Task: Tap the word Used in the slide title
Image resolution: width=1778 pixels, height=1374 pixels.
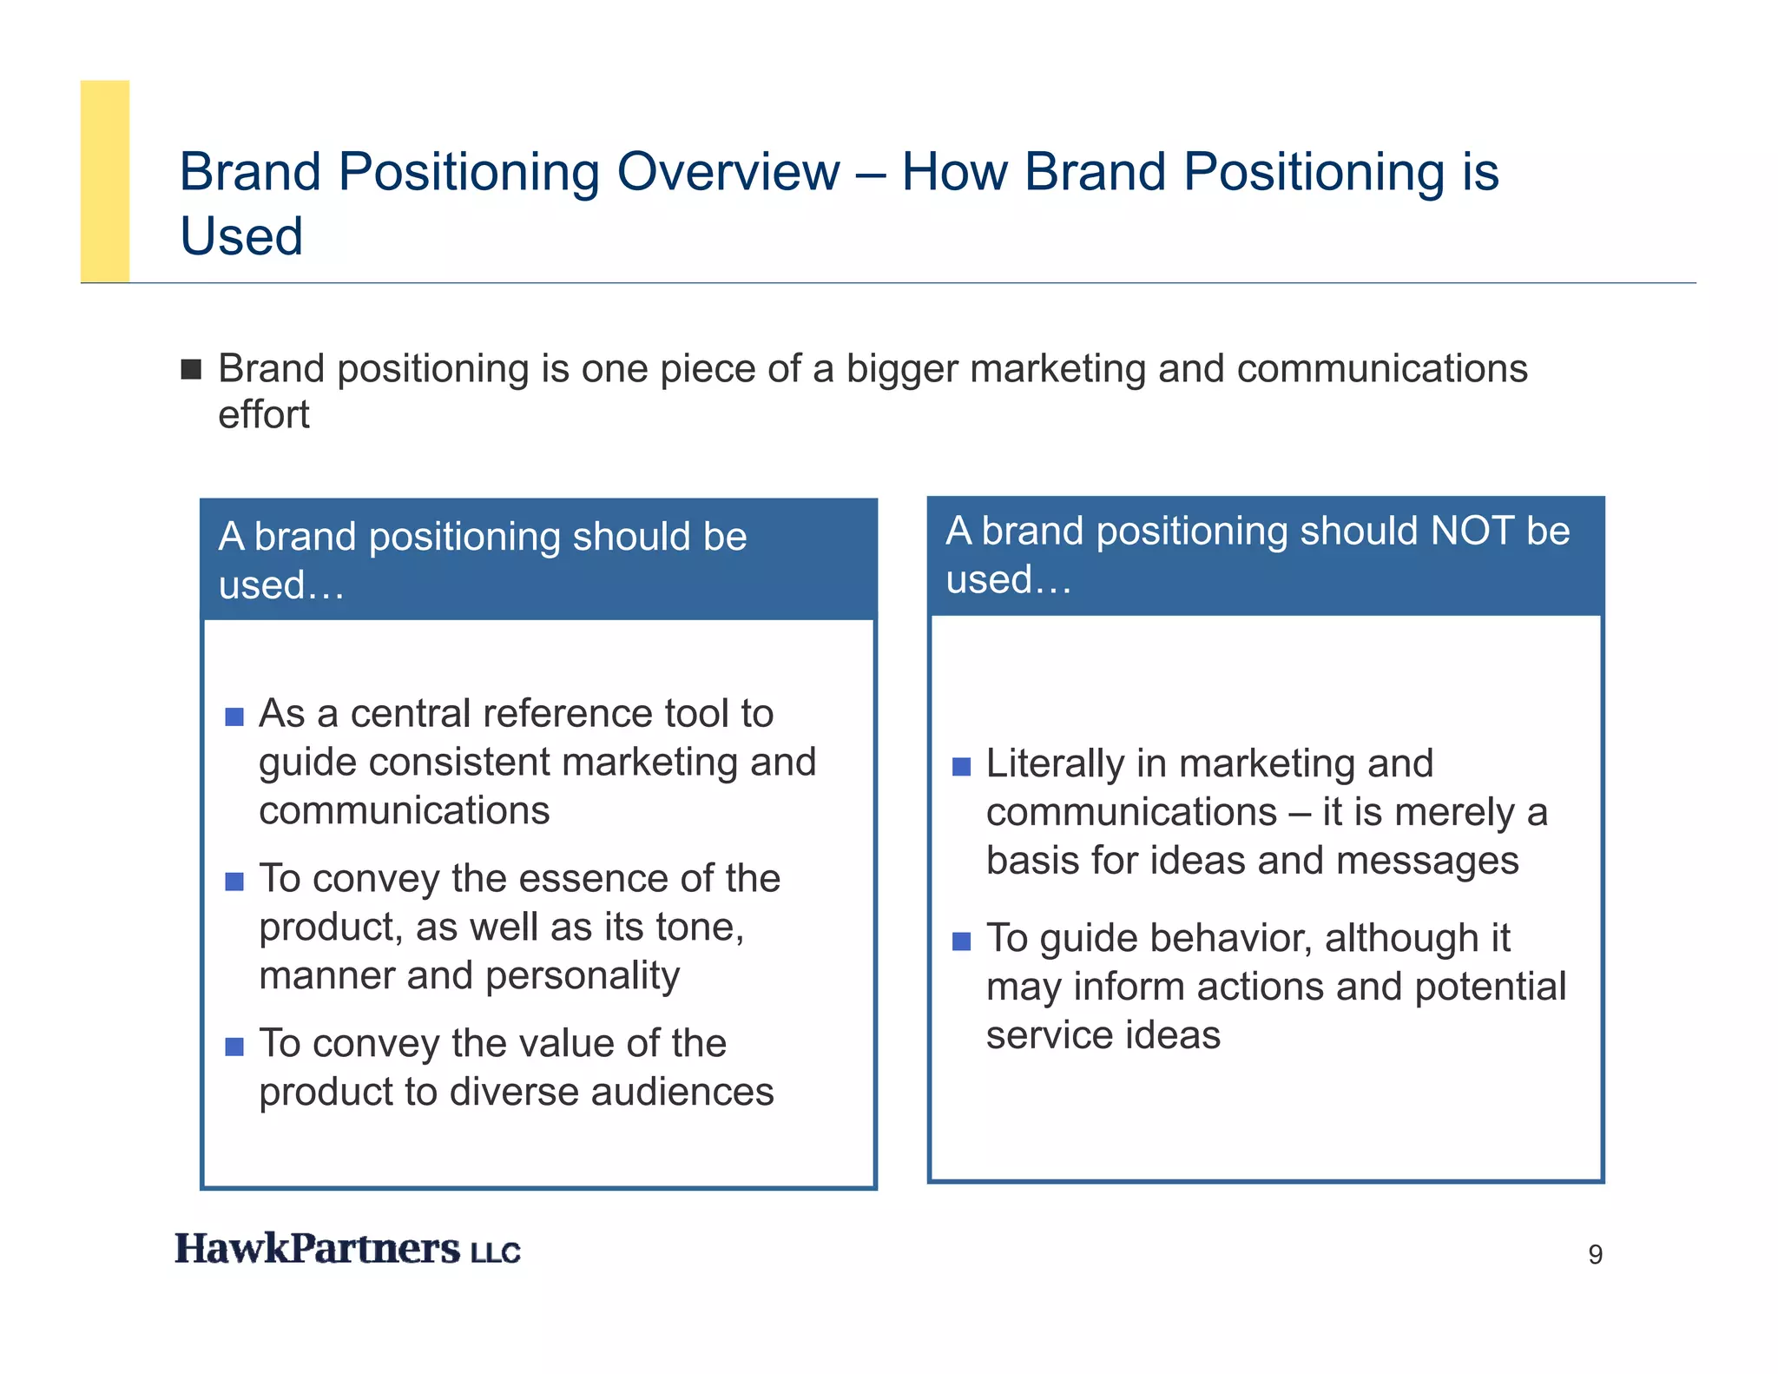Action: [x=241, y=236]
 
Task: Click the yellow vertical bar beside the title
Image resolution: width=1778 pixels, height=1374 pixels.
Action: [x=105, y=181]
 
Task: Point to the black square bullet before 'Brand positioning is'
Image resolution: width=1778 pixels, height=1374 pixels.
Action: [x=191, y=370]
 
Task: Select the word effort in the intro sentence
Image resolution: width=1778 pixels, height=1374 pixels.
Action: [x=263, y=415]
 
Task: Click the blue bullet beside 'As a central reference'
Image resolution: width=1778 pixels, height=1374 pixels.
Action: [x=234, y=717]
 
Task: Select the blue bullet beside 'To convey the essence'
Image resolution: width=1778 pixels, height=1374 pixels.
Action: [x=234, y=882]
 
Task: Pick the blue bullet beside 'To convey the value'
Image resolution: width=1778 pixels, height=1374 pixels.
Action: [x=234, y=1047]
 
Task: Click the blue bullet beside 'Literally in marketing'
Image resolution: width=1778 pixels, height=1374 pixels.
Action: [x=961, y=767]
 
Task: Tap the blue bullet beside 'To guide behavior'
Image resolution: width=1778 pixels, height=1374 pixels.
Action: [x=961, y=941]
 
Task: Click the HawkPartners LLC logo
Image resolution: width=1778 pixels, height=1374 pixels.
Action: [x=347, y=1249]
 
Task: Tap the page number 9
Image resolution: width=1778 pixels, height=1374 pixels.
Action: [x=1595, y=1255]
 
